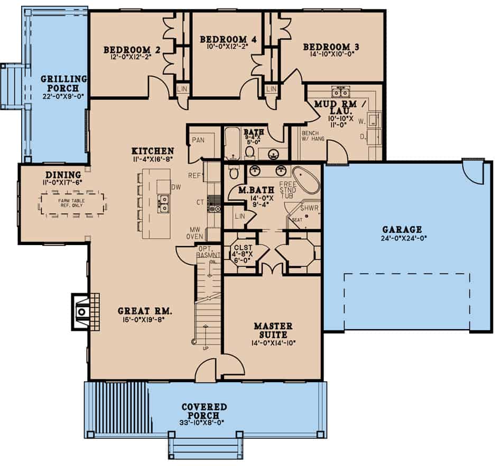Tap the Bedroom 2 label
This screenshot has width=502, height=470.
click(132, 50)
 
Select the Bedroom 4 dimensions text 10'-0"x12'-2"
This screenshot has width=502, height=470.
click(227, 47)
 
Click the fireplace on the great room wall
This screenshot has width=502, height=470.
click(82, 311)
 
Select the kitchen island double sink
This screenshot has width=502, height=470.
click(164, 203)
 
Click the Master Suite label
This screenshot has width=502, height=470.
click(273, 331)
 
